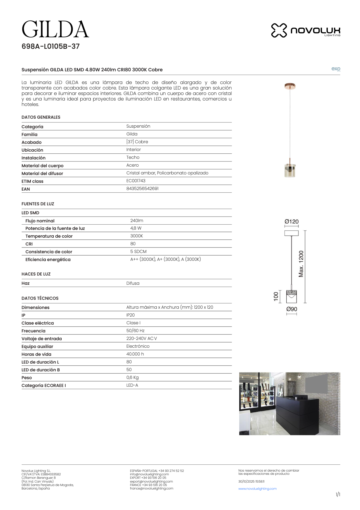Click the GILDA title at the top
55,29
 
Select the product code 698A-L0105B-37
51,46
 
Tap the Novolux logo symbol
279,30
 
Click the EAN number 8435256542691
142,189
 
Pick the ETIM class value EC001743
136,181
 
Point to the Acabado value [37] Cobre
137,142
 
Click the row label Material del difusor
42,174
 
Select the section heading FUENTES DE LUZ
38,204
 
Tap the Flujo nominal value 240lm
137,221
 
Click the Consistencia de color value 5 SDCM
138,252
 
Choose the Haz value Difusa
133,283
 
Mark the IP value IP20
130,315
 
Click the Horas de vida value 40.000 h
135,354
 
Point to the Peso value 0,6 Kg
132,377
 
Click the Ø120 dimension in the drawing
292,222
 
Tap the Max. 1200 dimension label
301,264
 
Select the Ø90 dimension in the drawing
292,309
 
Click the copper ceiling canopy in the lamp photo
290,86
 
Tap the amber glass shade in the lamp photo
290,171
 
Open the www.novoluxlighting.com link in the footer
257,489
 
